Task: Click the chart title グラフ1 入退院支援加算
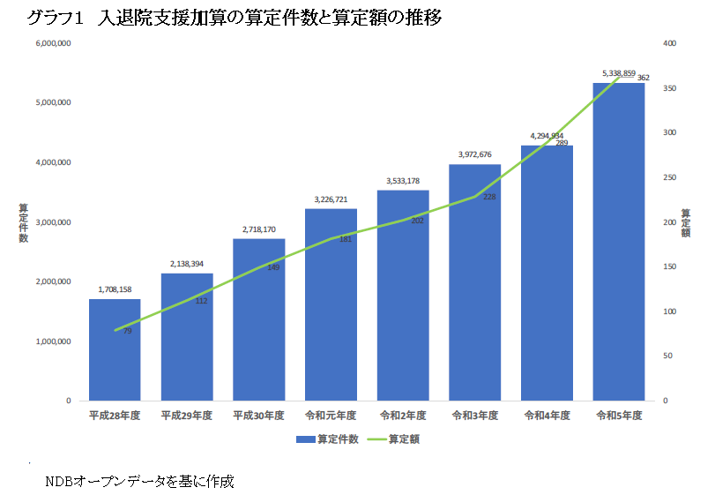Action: click(x=234, y=18)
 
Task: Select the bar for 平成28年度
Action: click(x=115, y=353)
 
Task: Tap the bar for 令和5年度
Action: click(x=619, y=247)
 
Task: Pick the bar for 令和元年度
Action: click(x=331, y=309)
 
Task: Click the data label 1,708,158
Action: click(x=115, y=289)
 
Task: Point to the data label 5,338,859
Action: click(x=619, y=73)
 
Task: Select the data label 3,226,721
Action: click(x=331, y=199)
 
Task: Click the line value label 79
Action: click(x=127, y=331)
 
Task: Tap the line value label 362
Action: click(x=644, y=78)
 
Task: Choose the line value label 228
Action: click(x=489, y=197)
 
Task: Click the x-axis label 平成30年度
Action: click(x=258, y=415)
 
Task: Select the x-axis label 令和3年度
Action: click(x=474, y=415)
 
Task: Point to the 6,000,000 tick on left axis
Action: click(x=53, y=43)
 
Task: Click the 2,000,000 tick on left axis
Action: click(x=53, y=281)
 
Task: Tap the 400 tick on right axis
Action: click(x=668, y=43)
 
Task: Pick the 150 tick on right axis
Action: click(x=668, y=266)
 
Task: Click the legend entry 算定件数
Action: click(x=327, y=439)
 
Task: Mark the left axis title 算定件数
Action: click(x=23, y=221)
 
